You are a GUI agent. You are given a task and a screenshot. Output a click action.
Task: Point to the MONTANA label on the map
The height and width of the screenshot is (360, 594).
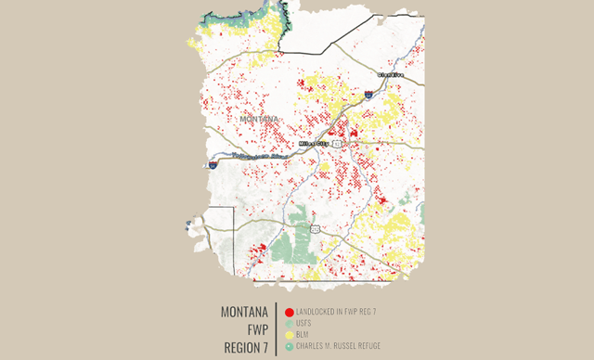click(x=259, y=120)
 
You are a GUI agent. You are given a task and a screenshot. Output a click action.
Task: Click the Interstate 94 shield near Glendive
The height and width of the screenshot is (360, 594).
click(x=369, y=93)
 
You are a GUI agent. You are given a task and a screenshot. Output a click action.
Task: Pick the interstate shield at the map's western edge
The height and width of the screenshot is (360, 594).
click(x=213, y=163)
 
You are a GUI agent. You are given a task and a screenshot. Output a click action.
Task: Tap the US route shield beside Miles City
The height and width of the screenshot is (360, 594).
click(x=339, y=144)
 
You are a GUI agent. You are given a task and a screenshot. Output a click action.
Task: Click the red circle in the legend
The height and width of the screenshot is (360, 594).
click(x=290, y=313)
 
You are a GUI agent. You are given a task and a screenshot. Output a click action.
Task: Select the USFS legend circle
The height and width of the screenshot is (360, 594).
click(x=290, y=324)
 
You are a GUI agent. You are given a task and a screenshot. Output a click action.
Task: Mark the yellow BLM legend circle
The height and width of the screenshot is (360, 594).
click(x=290, y=335)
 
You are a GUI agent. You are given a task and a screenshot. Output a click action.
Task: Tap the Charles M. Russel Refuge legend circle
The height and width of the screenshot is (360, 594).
click(x=290, y=346)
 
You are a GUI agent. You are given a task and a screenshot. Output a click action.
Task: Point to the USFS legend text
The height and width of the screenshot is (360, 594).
click(x=303, y=324)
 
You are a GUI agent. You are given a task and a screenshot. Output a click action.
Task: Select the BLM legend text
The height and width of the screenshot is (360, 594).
click(x=302, y=335)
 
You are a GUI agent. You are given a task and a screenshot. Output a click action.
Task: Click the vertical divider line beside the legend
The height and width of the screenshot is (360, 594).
click(x=278, y=329)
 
